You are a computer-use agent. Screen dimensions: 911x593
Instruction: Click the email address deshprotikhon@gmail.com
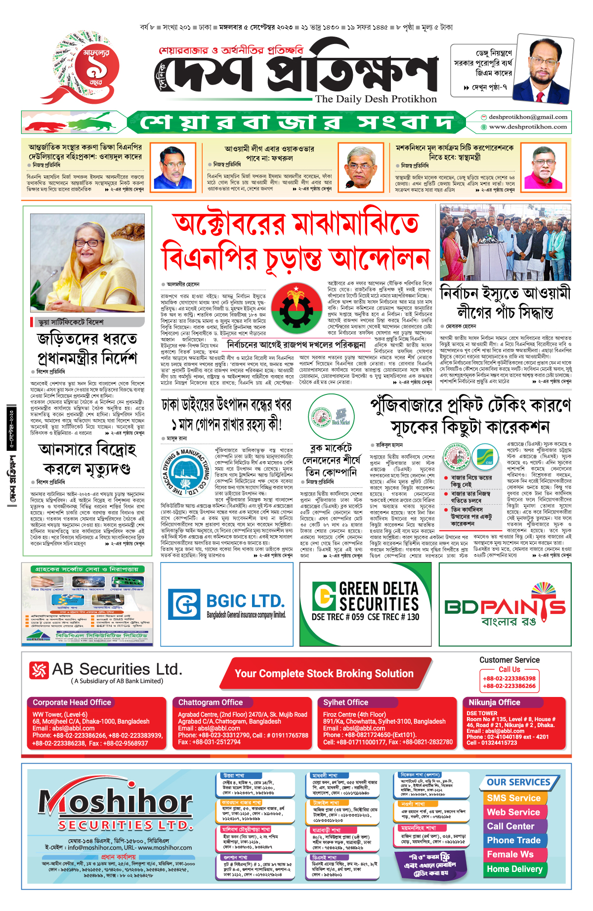tap(527, 117)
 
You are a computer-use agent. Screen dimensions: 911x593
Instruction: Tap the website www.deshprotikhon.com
tap(527, 127)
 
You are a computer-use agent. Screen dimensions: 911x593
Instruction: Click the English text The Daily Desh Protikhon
tap(376, 99)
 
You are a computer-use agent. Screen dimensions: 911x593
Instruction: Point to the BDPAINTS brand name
tap(505, 606)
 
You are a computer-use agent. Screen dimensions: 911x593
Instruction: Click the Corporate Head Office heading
tap(72, 702)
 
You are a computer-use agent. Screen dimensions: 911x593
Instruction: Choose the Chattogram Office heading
tap(211, 702)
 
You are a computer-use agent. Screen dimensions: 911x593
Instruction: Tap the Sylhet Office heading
tap(345, 702)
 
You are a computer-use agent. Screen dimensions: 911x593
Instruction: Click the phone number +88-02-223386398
tap(509, 679)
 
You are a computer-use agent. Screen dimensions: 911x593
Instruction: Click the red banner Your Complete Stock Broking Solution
tap(324, 674)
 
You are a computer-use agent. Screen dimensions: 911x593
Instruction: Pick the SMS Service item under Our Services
tap(513, 798)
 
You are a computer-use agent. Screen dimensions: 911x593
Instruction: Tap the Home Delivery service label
tap(514, 869)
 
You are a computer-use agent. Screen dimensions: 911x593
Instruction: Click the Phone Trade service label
tap(513, 840)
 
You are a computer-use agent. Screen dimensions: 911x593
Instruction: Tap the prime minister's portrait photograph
tap(87, 260)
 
